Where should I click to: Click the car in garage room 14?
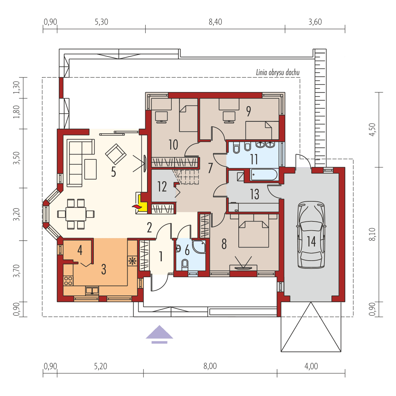pyautogui.click(x=311, y=235)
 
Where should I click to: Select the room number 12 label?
pyautogui.click(x=162, y=187)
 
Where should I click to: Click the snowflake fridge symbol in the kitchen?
pyautogui.click(x=133, y=261)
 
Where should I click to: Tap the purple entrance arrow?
pyautogui.click(x=159, y=334)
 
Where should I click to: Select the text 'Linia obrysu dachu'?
pyautogui.click(x=278, y=73)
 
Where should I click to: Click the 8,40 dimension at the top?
pyautogui.click(x=215, y=22)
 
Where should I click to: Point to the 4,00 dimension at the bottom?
pyautogui.click(x=311, y=366)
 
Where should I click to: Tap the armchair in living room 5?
pyautogui.click(x=116, y=154)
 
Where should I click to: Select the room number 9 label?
pyautogui.click(x=249, y=111)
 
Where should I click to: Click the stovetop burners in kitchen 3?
pyautogui.click(x=68, y=281)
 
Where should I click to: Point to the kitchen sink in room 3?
pyautogui.click(x=92, y=291)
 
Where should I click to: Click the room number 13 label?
pyautogui.click(x=254, y=194)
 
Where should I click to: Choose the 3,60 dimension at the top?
pyautogui.click(x=315, y=22)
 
